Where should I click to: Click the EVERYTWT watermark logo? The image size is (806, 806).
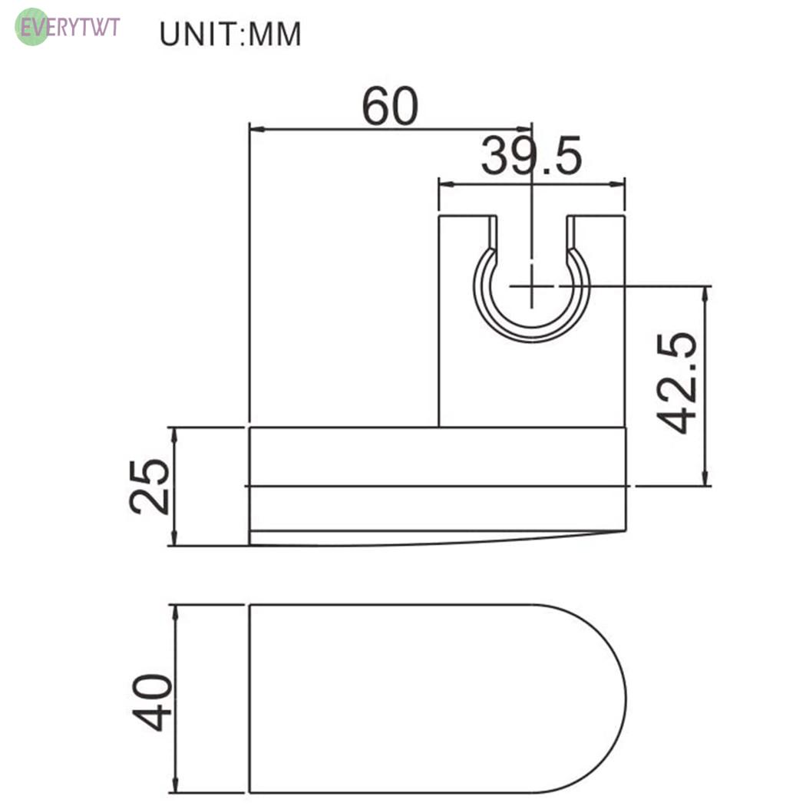pyautogui.click(x=68, y=27)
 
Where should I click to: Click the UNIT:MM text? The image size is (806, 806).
pyautogui.click(x=230, y=35)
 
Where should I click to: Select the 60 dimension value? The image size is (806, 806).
pyautogui.click(x=390, y=107)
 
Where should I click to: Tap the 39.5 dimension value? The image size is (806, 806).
pyautogui.click(x=531, y=156)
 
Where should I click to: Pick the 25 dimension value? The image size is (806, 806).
pyautogui.click(x=149, y=486)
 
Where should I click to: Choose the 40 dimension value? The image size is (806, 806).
pyautogui.click(x=152, y=702)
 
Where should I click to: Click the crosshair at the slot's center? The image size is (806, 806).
pyautogui.click(x=531, y=286)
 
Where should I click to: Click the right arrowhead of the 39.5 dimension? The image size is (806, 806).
pyautogui.click(x=617, y=184)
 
